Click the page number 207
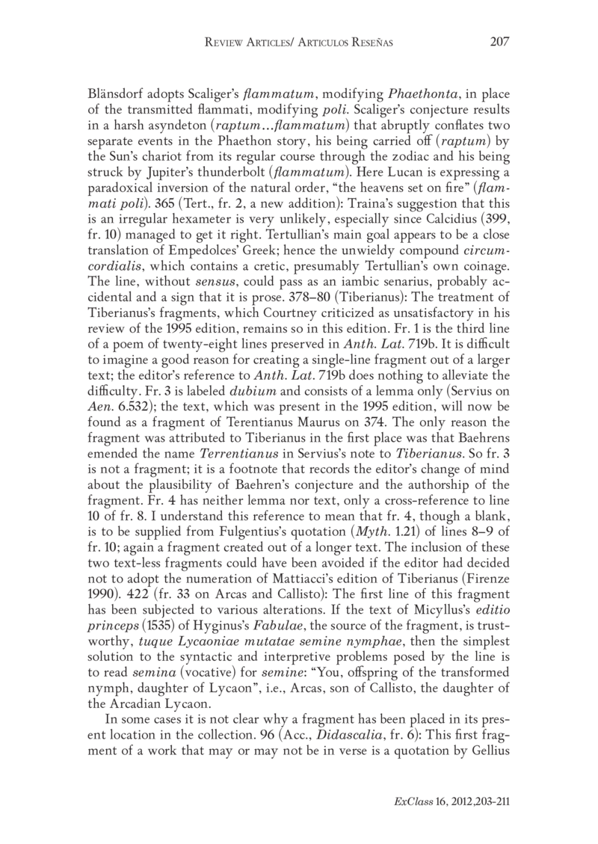[498, 42]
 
